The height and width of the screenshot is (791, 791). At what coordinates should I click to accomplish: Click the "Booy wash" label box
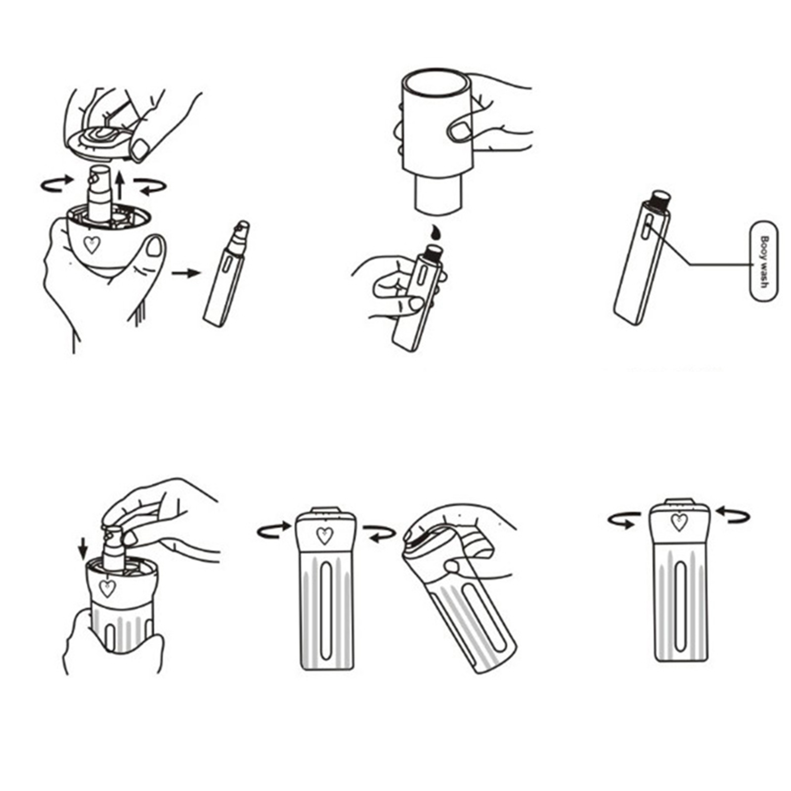(764, 261)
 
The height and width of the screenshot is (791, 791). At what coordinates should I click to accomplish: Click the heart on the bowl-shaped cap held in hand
(91, 244)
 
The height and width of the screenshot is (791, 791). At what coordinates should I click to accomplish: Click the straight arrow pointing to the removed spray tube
(186, 272)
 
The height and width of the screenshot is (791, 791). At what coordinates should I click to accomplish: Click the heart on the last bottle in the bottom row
(679, 522)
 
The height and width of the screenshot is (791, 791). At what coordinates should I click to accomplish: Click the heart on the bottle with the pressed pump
(107, 588)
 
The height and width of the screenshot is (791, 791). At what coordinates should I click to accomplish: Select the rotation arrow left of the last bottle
(623, 521)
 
